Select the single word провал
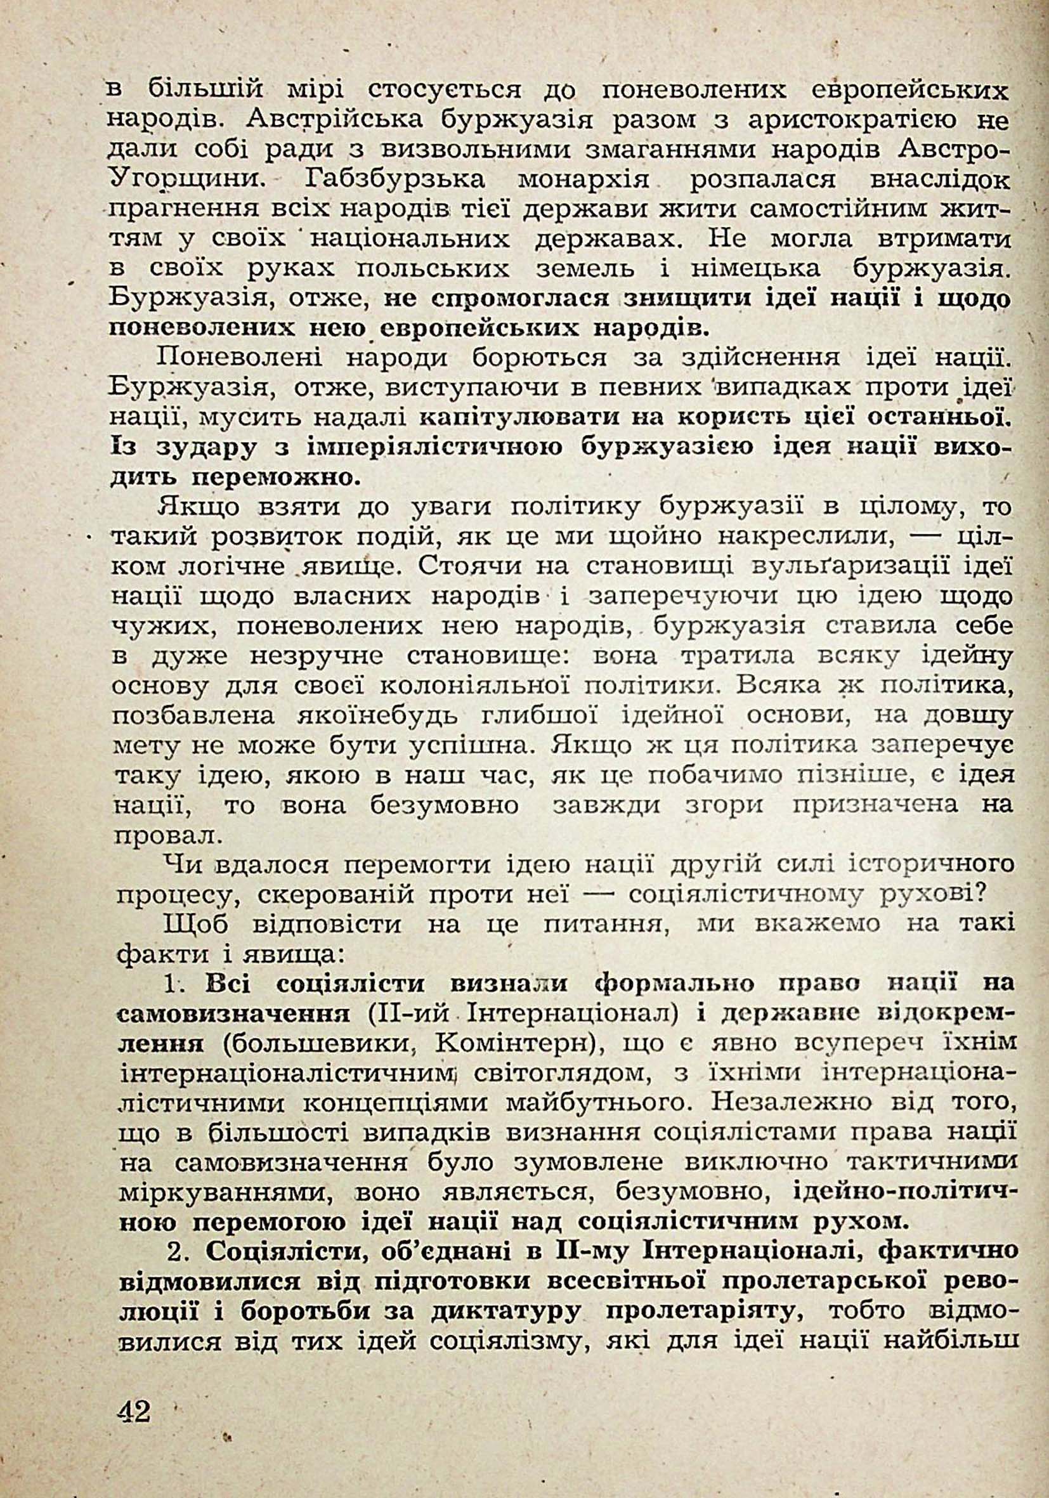(x=167, y=836)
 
